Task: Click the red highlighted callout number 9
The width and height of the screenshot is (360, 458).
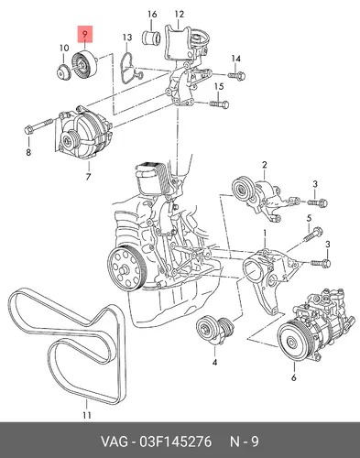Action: pyautogui.click(x=85, y=34)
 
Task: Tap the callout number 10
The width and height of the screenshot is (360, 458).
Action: pyautogui.click(x=64, y=48)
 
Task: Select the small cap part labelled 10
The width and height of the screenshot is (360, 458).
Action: pyautogui.click(x=64, y=73)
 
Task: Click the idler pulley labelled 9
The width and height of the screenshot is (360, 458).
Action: pyautogui.click(x=84, y=64)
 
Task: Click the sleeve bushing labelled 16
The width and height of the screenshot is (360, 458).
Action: pyautogui.click(x=152, y=38)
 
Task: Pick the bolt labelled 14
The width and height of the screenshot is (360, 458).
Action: pyautogui.click(x=236, y=75)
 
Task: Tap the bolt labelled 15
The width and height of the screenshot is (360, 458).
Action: pyautogui.click(x=219, y=104)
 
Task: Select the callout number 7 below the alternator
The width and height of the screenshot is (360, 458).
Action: pyautogui.click(x=88, y=177)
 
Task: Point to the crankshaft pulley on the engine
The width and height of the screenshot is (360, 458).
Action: pyautogui.click(x=127, y=268)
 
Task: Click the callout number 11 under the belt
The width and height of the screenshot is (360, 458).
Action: pyautogui.click(x=87, y=415)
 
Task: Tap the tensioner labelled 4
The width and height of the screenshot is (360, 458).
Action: pyautogui.click(x=215, y=331)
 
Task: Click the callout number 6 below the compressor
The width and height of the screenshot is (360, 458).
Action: pyautogui.click(x=293, y=377)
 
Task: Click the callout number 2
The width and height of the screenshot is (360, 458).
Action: pyautogui.click(x=265, y=165)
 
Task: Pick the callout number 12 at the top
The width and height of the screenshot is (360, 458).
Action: pyautogui.click(x=180, y=14)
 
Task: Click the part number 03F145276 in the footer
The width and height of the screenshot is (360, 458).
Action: pyautogui.click(x=175, y=442)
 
